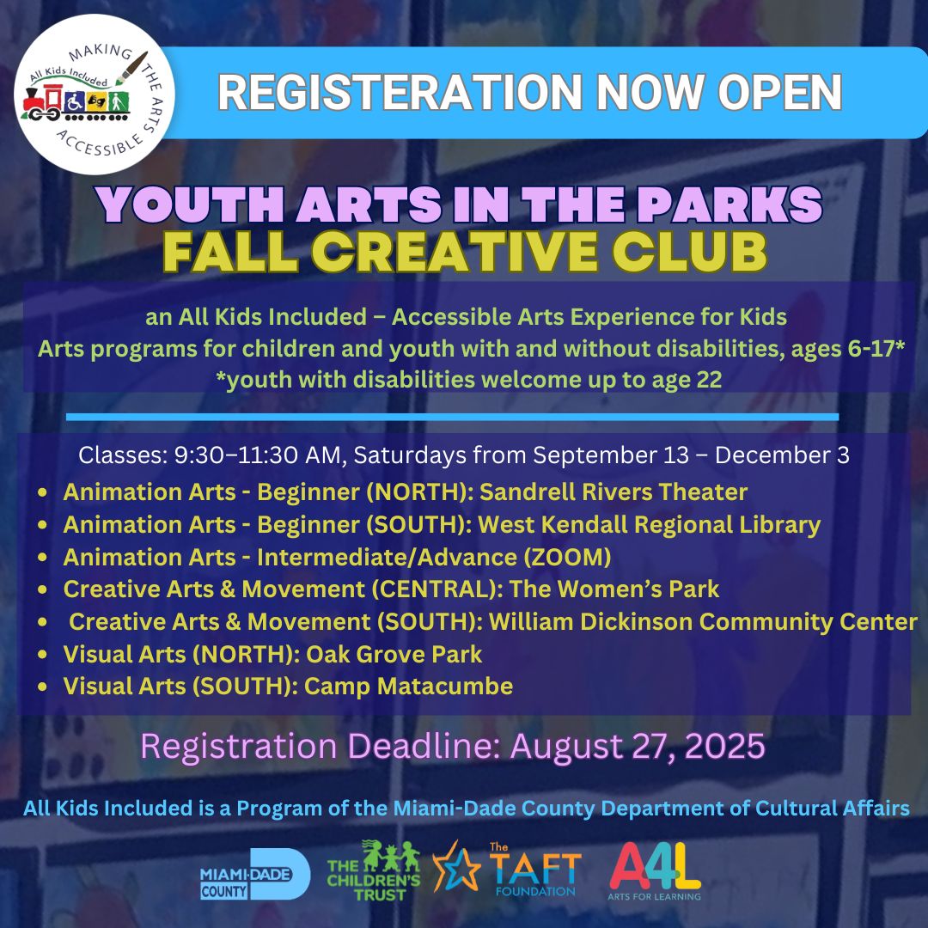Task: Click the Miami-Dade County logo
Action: tap(255, 874)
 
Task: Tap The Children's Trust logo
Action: tap(374, 870)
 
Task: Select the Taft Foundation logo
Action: tap(507, 868)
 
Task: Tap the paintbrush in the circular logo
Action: tap(131, 68)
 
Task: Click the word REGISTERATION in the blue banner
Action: tap(400, 92)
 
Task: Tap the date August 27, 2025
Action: tap(638, 746)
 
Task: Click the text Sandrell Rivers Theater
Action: tap(614, 491)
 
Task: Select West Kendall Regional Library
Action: tap(650, 525)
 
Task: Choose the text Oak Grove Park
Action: tap(394, 655)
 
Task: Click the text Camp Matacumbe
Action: tap(408, 687)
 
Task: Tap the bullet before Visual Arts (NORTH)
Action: tap(42, 655)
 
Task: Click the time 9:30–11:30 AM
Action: tap(257, 455)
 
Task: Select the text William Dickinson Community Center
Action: tap(703, 622)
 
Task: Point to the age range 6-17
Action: tap(872, 349)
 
